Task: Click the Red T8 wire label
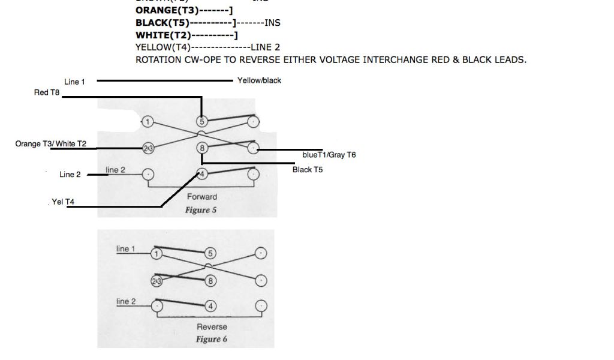[x=47, y=92]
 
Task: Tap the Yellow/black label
[x=259, y=80]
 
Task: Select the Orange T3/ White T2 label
[x=51, y=143]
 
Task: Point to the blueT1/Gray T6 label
[x=329, y=155]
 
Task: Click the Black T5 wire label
[x=308, y=170]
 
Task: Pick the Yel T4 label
[x=63, y=202]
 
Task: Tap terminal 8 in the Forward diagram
[x=203, y=148]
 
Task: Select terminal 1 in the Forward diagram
[x=148, y=122]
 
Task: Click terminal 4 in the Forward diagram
[x=203, y=175]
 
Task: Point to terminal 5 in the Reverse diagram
[x=210, y=253]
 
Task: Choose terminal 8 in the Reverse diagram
[x=210, y=280]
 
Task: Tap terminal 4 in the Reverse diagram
[x=210, y=306]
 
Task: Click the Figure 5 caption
[x=202, y=210]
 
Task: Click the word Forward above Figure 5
[x=202, y=197]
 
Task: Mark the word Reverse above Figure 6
[x=212, y=327]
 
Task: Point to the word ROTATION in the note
[x=160, y=59]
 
